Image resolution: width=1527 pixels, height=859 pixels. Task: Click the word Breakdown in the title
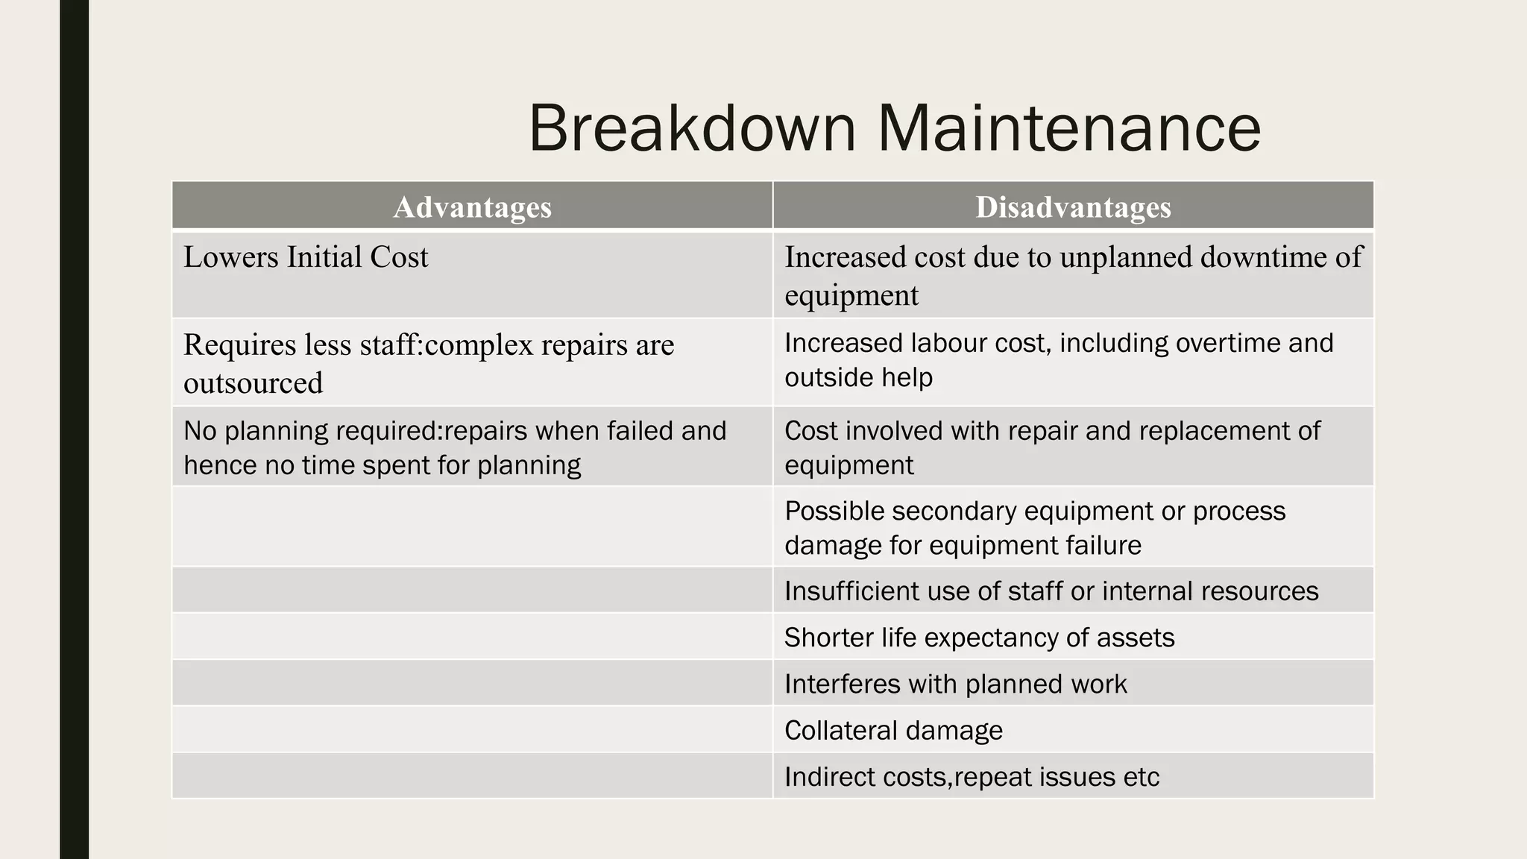pyautogui.click(x=692, y=128)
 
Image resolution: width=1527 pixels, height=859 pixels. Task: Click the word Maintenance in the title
pyautogui.click(x=1068, y=128)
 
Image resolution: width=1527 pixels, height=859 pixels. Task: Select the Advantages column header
pyautogui.click(x=472, y=207)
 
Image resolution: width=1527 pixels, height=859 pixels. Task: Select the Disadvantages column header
pyautogui.click(x=1073, y=207)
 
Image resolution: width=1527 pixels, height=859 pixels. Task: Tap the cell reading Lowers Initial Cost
pyautogui.click(x=306, y=257)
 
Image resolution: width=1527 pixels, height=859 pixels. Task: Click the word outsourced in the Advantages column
pyautogui.click(x=253, y=383)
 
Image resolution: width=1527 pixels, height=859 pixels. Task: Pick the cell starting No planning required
pyautogui.click(x=455, y=447)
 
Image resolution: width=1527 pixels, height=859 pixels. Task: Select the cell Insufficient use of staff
pyautogui.click(x=1051, y=591)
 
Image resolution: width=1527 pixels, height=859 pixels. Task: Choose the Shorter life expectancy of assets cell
pyautogui.click(x=979, y=638)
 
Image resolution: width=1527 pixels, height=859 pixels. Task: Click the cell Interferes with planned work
pyautogui.click(x=955, y=684)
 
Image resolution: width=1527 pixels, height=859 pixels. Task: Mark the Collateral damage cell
pyautogui.click(x=893, y=730)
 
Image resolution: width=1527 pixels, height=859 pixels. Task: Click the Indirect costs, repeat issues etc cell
pyautogui.click(x=972, y=777)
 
